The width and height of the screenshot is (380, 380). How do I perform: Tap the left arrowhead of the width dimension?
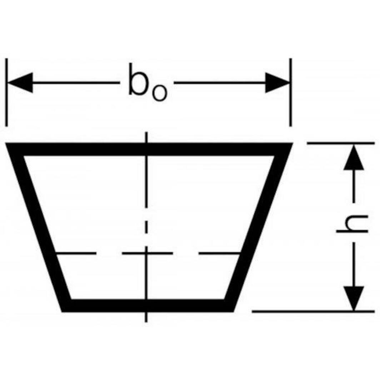pyautogui.click(x=20, y=82)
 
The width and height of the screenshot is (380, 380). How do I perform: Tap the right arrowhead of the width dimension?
pyautogui.click(x=277, y=82)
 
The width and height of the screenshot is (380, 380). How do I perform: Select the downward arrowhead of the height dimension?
pyautogui.click(x=353, y=297)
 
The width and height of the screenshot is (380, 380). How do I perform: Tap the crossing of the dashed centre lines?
pyautogui.click(x=146, y=254)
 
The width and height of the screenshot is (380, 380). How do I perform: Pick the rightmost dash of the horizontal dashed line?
pyautogui.click(x=219, y=254)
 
